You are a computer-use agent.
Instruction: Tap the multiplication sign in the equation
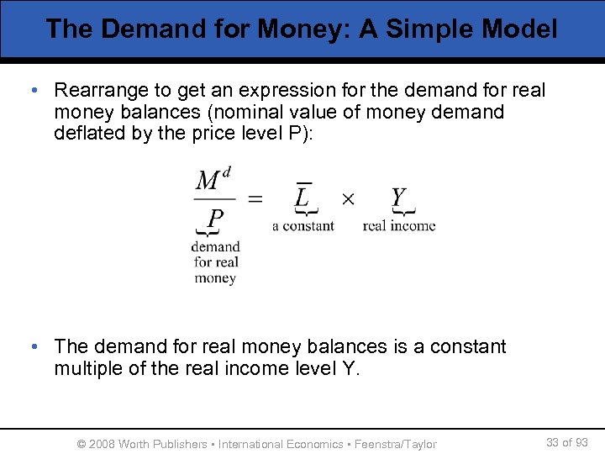click(x=348, y=199)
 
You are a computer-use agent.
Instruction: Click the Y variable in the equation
click(x=398, y=198)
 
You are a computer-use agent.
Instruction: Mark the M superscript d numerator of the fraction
click(x=213, y=179)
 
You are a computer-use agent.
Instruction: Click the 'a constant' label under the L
click(x=303, y=225)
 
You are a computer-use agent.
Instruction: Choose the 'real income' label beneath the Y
click(x=399, y=225)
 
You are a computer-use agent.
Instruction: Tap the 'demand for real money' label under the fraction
click(x=215, y=262)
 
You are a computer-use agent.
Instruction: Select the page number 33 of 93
click(x=566, y=442)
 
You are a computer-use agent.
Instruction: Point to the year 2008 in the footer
click(x=102, y=444)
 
